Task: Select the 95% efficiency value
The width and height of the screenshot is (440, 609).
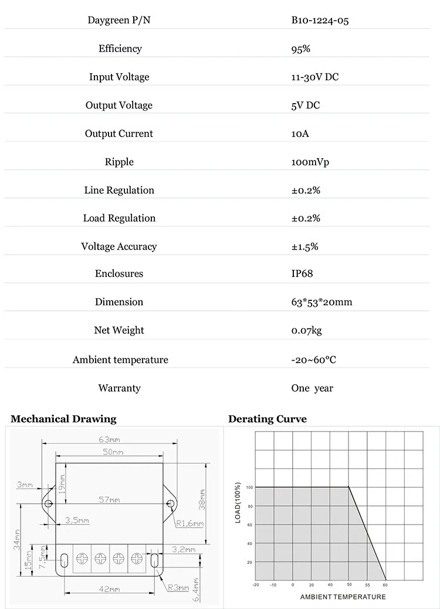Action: tap(301, 49)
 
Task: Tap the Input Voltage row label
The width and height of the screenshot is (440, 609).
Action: tap(119, 77)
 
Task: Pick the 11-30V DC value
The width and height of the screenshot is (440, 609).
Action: tap(315, 77)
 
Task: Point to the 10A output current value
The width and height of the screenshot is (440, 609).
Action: tap(300, 134)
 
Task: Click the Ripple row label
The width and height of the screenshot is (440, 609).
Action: tap(119, 162)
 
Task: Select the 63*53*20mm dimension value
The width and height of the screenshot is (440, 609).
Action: tap(321, 302)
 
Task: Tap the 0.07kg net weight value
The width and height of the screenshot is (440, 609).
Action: tap(307, 330)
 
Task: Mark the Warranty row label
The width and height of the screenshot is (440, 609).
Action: tap(119, 388)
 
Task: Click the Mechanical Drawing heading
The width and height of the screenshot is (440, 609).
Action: tap(63, 419)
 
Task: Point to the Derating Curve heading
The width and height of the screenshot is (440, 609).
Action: tap(268, 419)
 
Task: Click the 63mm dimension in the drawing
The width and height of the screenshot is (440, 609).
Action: tap(109, 439)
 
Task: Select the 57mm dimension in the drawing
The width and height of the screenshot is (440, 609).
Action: tap(109, 499)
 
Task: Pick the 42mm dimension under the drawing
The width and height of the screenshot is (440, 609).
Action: tap(110, 589)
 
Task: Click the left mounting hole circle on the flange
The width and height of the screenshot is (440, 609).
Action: tap(49, 504)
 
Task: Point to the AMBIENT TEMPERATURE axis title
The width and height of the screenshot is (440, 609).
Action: tap(343, 597)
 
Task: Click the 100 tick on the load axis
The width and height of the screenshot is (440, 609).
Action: tap(249, 487)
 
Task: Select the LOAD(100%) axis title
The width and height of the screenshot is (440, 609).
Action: tap(238, 502)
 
